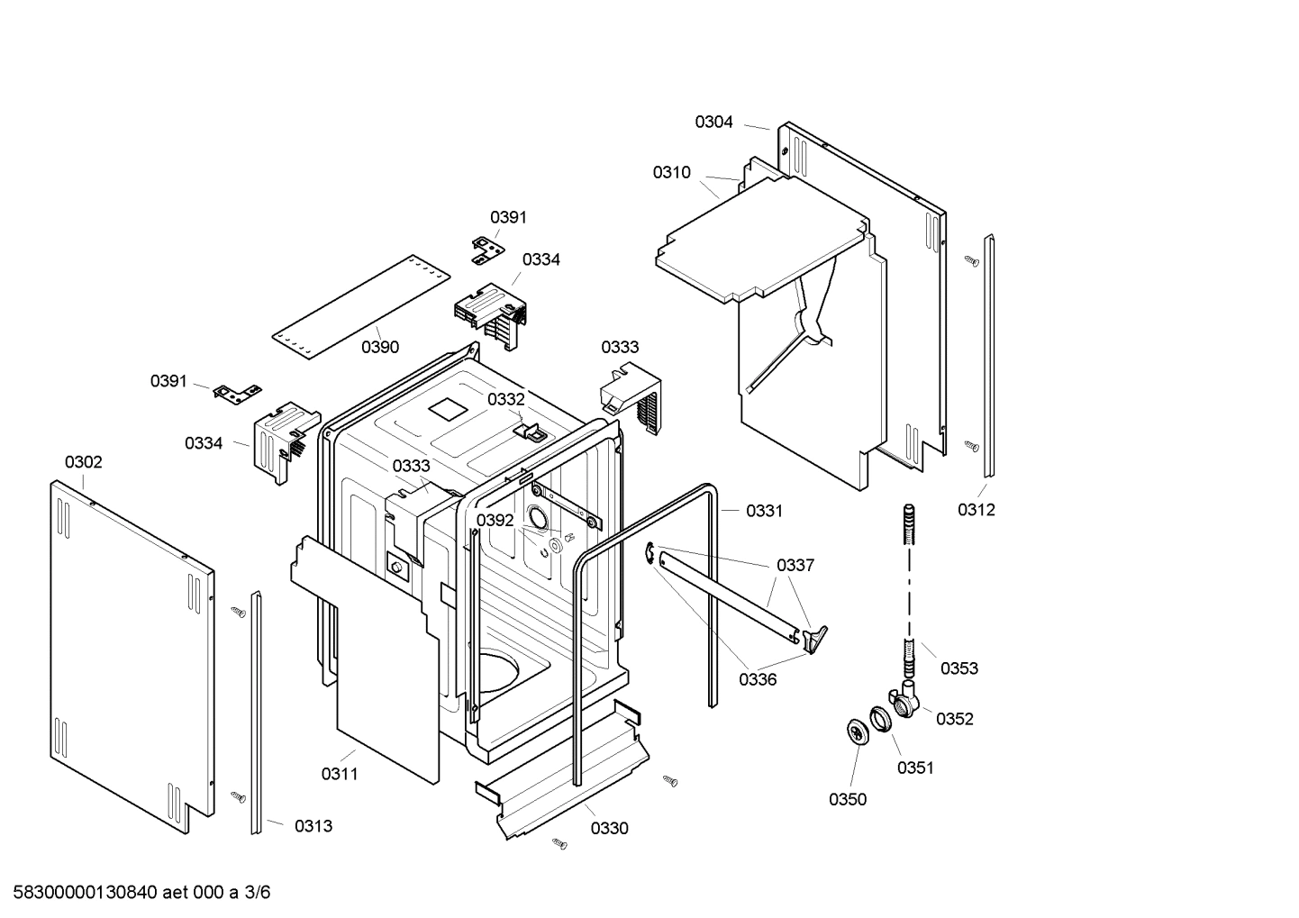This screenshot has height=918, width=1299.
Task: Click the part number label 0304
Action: coord(713,122)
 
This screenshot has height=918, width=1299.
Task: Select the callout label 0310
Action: coord(672,173)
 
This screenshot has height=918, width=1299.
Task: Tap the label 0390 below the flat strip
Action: coord(380,348)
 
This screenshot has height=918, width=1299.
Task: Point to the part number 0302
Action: coord(83,462)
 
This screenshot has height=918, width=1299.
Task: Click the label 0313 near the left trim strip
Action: coord(313,826)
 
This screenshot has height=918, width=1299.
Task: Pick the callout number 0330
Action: coord(609,829)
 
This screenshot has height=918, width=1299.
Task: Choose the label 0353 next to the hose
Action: coord(959,668)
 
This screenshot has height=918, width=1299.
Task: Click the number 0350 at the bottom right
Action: coord(848,800)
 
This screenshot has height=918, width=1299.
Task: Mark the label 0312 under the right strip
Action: coord(977,510)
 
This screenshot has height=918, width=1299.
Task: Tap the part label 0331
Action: coord(764,511)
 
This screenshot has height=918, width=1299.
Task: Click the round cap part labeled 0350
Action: coord(855,732)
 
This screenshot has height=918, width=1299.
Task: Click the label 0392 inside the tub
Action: coord(495,521)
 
